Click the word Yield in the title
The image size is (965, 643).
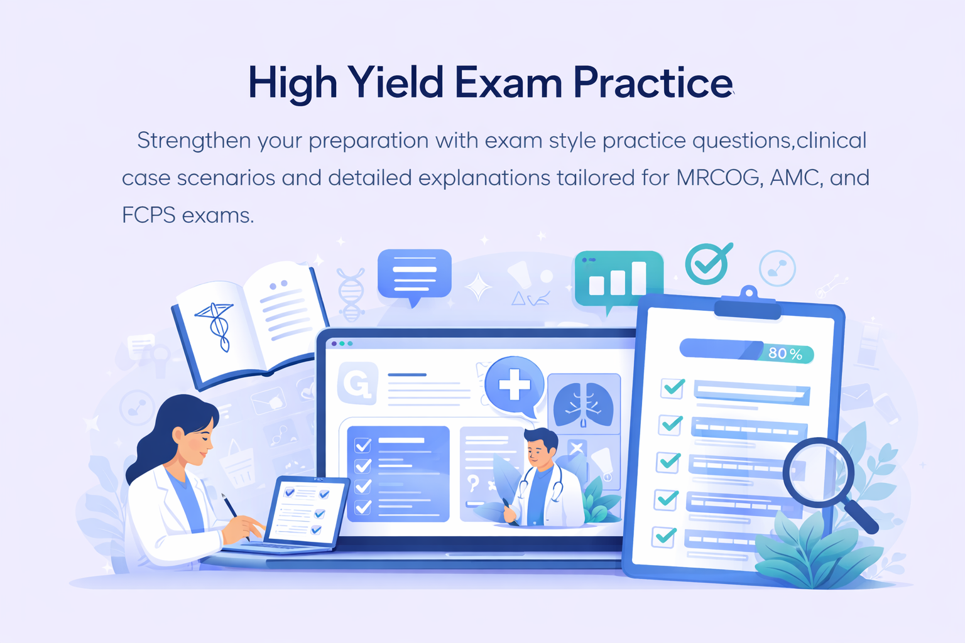coord(396,83)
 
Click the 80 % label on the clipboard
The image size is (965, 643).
coord(785,354)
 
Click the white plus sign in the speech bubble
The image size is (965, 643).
coord(514,384)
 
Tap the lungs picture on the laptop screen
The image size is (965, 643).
coord(584,402)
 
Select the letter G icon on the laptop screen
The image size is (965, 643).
coord(357,383)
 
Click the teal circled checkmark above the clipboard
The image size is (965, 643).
coord(707,264)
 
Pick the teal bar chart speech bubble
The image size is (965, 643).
coord(618,279)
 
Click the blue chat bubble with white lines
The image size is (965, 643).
coord(414,273)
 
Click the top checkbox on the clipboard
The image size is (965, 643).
coord(673,387)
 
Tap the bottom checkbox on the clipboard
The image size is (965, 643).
coord(663,537)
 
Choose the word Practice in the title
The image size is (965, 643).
coord(653,83)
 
